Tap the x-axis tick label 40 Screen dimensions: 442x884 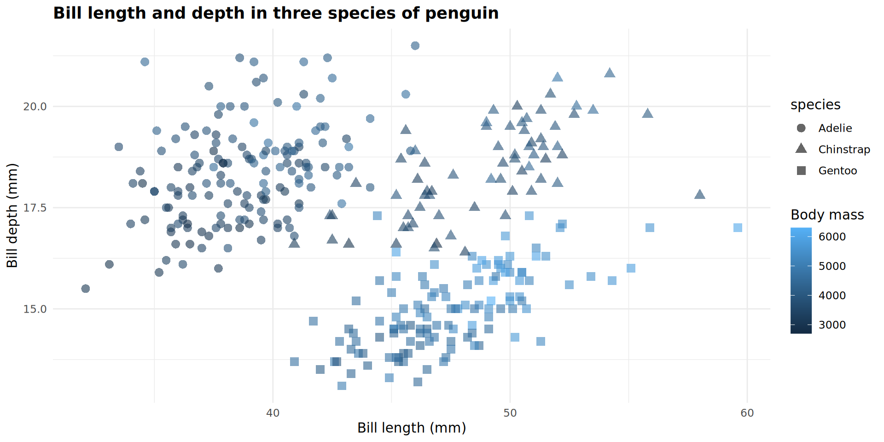(x=273, y=413)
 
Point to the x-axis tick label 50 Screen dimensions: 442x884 (x=510, y=413)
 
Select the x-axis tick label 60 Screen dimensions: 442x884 (x=747, y=413)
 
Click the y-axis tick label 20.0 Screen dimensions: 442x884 (x=35, y=106)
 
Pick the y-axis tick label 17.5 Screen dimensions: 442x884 (x=35, y=208)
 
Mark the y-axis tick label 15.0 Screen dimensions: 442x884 (x=35, y=309)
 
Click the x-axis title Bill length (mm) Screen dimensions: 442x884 (x=412, y=428)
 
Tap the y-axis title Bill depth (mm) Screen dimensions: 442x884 (x=12, y=215)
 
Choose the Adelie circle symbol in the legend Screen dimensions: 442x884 (x=801, y=128)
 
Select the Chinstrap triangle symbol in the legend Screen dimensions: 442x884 (x=801, y=149)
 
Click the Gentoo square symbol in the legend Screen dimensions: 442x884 (x=801, y=170)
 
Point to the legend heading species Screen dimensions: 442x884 (x=815, y=105)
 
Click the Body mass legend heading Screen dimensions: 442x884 (x=827, y=215)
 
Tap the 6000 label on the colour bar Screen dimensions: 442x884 (x=832, y=237)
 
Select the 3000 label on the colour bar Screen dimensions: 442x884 (x=832, y=325)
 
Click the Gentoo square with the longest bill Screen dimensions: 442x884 (x=738, y=227)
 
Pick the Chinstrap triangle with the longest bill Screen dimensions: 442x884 (x=700, y=194)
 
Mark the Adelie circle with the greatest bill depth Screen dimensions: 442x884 (x=415, y=46)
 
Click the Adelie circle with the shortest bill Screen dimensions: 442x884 (x=86, y=289)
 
